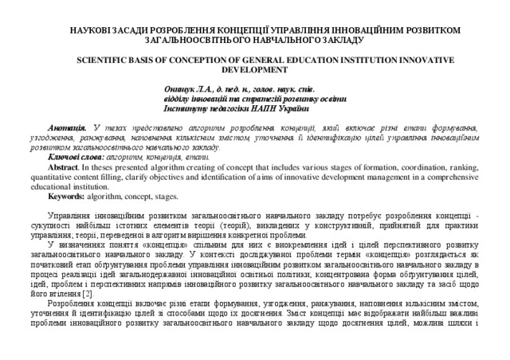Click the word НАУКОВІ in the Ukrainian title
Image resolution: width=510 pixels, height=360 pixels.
(x=89, y=29)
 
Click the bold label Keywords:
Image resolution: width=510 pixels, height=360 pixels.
(x=71, y=195)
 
